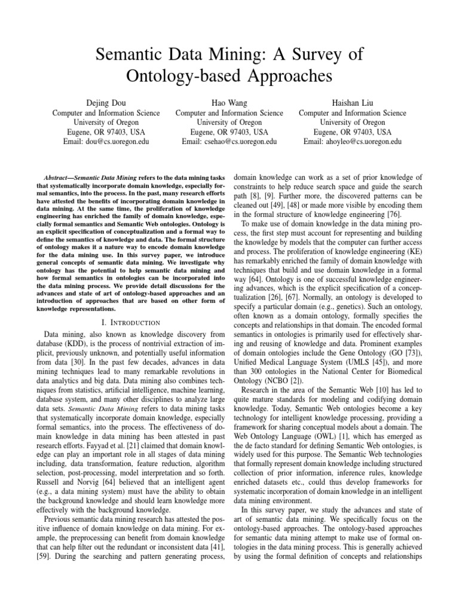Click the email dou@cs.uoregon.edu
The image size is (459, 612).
pos(106,142)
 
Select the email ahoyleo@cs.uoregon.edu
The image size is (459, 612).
pos(352,142)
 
